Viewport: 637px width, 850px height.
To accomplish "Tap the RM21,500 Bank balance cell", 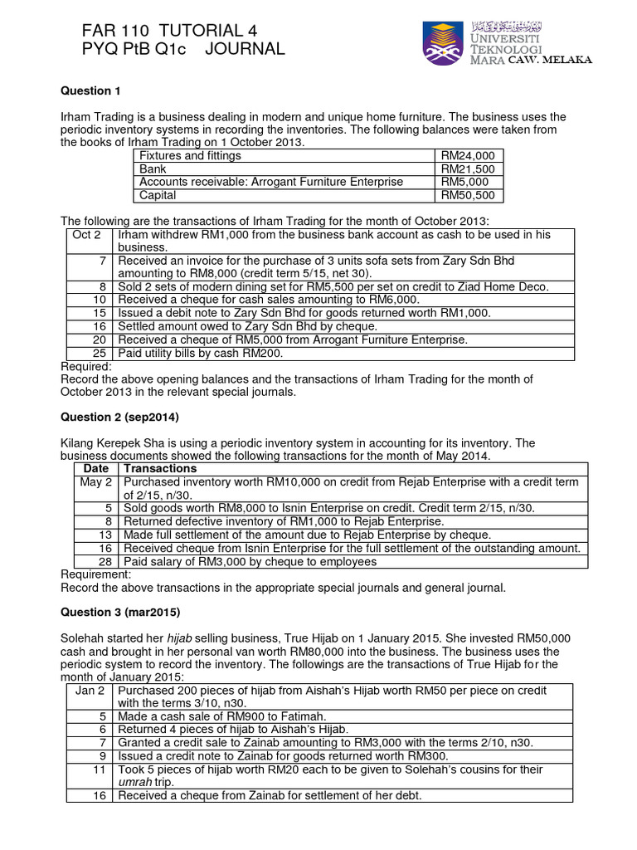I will [x=467, y=169].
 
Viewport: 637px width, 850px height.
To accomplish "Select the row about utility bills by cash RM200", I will [x=201, y=353].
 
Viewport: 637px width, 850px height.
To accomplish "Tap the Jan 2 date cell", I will [x=90, y=691].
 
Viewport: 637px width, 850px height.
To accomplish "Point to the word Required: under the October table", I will [x=87, y=366].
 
